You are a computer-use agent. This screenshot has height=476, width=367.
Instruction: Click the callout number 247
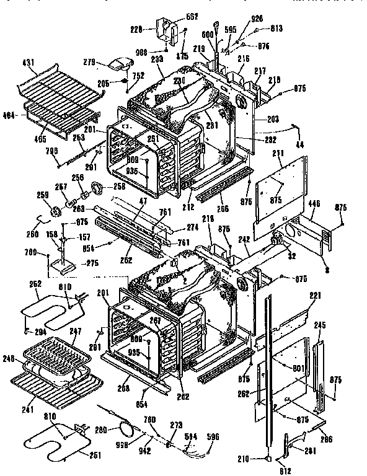[x=74, y=332]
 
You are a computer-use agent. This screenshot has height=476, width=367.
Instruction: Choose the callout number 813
[x=275, y=29]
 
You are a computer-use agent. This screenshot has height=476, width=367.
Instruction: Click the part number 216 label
[x=243, y=58]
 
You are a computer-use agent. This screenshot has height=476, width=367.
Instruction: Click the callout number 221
[x=315, y=296]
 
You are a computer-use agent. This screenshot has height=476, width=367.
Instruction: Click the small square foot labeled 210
[x=267, y=459]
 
